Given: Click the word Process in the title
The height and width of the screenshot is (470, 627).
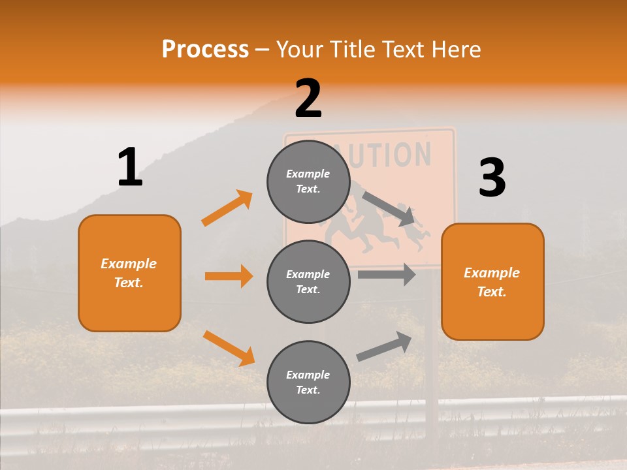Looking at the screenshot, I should tap(205, 50).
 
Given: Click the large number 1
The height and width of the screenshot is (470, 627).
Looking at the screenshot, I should tap(130, 167).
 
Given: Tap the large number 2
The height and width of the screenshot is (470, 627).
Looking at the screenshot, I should tap(308, 99).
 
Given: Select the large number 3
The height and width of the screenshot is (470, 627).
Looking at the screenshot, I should tap(492, 178).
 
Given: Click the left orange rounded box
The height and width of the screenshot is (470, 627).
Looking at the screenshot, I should tap(129, 273).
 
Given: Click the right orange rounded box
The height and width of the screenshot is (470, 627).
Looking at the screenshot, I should tap(492, 281).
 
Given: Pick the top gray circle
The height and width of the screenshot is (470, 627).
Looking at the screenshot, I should tap(308, 181).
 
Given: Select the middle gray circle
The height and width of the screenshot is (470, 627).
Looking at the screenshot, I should tap(308, 281).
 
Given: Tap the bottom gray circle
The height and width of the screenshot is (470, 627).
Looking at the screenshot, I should tap(308, 382).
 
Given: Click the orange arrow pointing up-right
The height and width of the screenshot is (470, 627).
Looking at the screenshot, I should tap(227, 208).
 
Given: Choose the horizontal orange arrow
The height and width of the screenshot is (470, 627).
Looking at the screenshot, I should tap(229, 276).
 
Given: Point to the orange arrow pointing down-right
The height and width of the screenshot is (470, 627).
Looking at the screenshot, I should tap(229, 348).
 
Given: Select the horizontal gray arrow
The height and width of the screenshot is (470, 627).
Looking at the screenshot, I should tap(386, 275).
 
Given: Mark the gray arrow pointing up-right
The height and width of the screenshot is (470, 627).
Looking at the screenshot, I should tap(384, 347).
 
